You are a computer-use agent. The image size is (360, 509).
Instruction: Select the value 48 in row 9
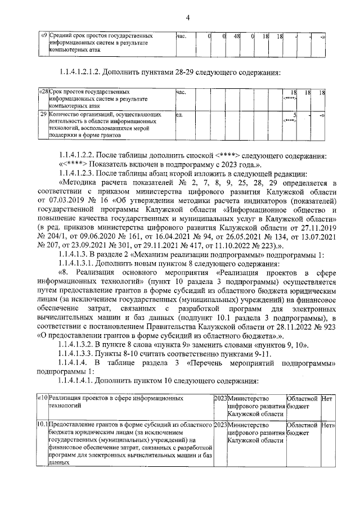pyautogui.click(x=237, y=37)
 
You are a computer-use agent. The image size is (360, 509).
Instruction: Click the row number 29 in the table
pyautogui.click(x=42, y=115)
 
